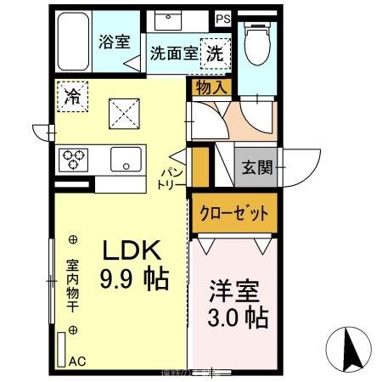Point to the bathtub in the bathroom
pyautogui.click(x=73, y=42)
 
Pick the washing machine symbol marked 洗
pyautogui.click(x=215, y=51)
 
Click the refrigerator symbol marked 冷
pyautogui.click(x=73, y=95)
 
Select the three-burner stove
pyautogui.click(x=72, y=159)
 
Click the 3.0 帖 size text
pyautogui.click(x=239, y=317)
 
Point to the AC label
pyautogui.click(x=77, y=361)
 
